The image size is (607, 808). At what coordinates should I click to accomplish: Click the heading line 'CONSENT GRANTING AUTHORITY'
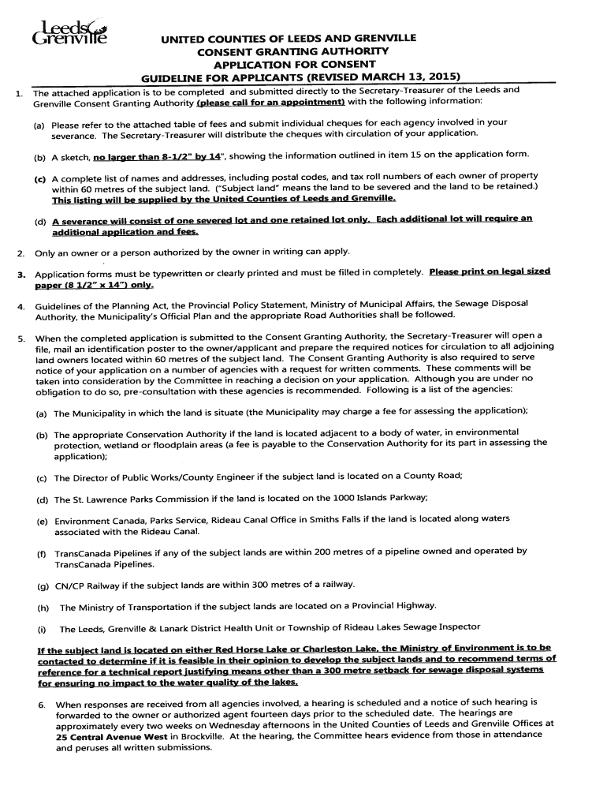(283, 51)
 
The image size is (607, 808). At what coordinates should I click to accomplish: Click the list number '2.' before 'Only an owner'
(20, 252)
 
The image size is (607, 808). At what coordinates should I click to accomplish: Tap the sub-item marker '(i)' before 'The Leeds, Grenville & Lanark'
(41, 628)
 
